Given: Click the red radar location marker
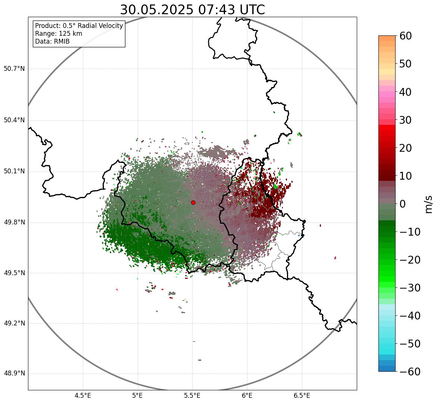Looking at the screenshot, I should click(193, 202).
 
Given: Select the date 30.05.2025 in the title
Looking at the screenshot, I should click(157, 10).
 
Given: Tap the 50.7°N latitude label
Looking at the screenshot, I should click(14, 69).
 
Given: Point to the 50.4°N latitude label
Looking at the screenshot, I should click(14, 120).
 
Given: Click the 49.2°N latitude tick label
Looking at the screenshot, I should click(14, 323).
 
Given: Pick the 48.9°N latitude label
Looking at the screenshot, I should click(14, 374).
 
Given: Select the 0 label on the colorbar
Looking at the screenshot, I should click(403, 204).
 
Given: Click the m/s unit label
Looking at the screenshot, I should click(429, 204).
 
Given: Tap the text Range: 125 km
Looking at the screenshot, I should click(59, 34).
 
